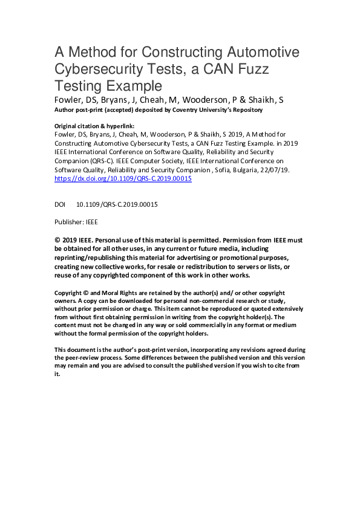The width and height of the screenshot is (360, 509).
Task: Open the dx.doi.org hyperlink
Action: [x=123, y=179]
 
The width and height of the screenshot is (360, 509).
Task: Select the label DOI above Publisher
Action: [x=60, y=205]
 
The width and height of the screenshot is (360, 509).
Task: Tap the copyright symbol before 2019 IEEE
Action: [x=57, y=240]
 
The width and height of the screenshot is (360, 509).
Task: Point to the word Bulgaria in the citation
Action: [x=249, y=171]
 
